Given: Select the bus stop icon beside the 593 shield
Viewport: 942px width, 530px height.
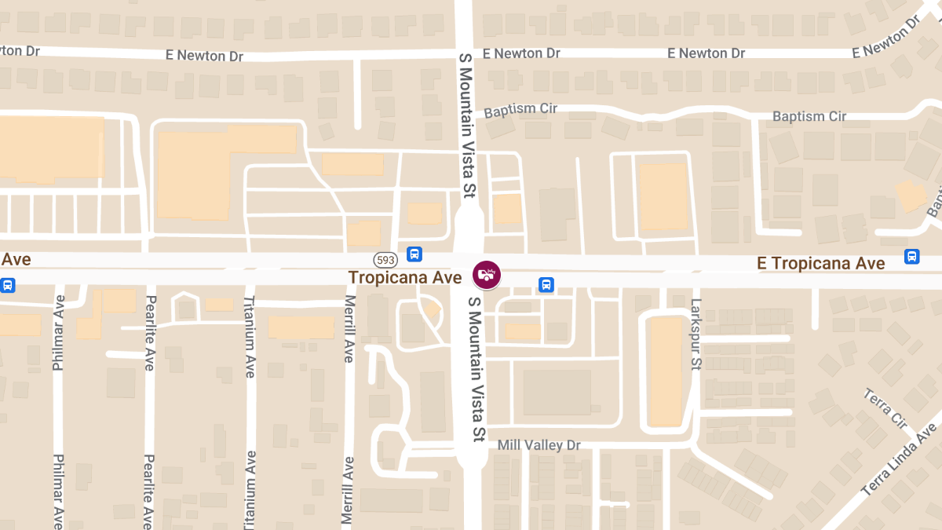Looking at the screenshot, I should (414, 254).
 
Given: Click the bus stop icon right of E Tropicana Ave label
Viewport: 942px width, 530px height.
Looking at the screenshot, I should (911, 257).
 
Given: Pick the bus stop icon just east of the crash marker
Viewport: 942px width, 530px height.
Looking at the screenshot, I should (546, 284).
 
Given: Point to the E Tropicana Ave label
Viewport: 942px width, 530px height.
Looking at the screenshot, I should (820, 264).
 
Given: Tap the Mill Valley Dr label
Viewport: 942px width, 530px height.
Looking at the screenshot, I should (539, 445).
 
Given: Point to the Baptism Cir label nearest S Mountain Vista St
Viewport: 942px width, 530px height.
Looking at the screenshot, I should (520, 109).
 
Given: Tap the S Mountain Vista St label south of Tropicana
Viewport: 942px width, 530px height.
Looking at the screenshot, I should (474, 369).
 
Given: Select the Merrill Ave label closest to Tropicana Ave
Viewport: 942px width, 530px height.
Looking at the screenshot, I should (349, 329).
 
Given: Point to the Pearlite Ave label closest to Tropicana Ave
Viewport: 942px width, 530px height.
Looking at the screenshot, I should (149, 333).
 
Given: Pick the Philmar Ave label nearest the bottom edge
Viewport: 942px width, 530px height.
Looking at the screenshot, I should (58, 491).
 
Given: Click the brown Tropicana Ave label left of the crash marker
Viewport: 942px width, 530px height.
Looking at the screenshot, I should (405, 278).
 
